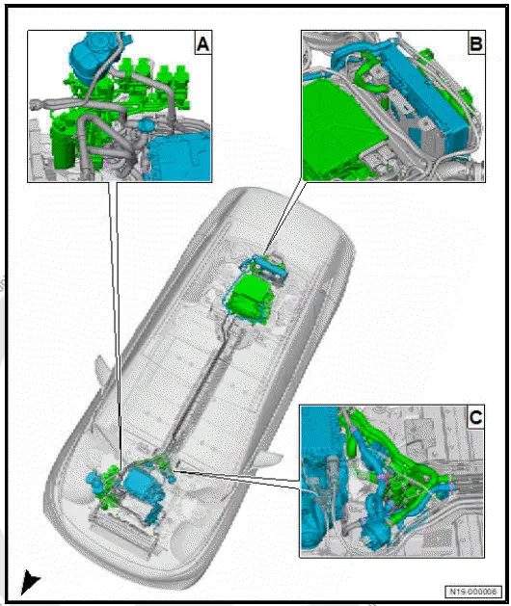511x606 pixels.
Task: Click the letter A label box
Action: (202, 43)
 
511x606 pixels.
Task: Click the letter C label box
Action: (474, 418)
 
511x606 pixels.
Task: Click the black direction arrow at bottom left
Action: (31, 580)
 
